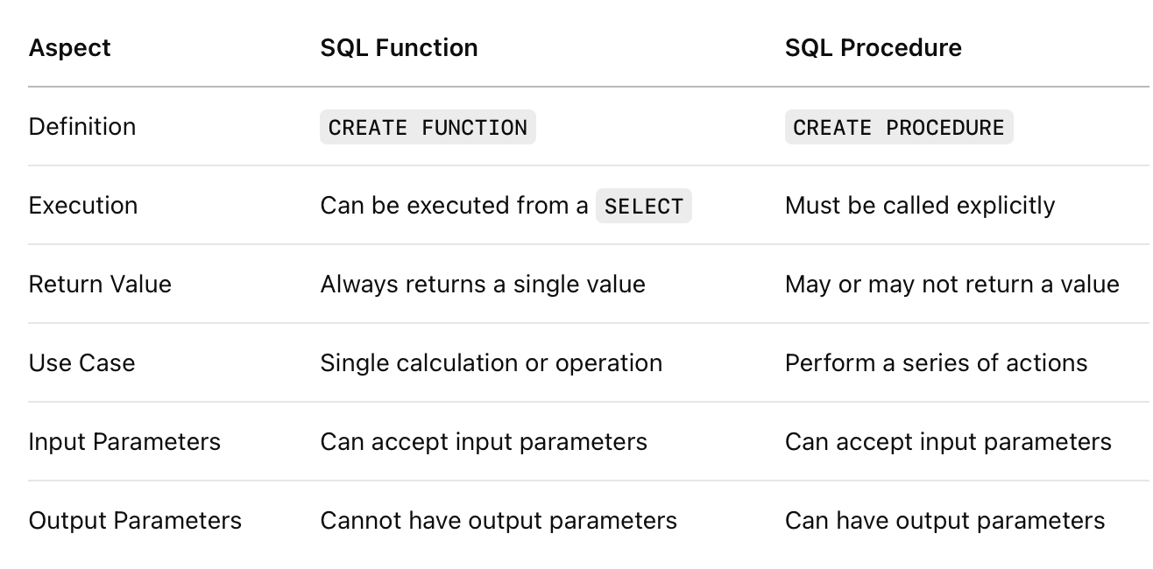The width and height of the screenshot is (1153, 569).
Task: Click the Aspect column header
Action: tap(69, 48)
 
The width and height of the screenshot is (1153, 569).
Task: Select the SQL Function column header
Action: tap(399, 48)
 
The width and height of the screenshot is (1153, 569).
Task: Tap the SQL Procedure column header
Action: tap(873, 48)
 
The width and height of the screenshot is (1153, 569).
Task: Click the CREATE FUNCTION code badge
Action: tap(428, 127)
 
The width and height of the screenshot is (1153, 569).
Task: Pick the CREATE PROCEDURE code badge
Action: tap(899, 127)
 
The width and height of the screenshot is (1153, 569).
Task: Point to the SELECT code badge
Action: tap(643, 206)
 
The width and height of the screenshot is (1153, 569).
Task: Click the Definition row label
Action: tap(82, 127)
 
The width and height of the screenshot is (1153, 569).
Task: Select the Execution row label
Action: tap(83, 205)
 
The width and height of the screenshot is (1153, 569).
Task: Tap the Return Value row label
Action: tap(100, 284)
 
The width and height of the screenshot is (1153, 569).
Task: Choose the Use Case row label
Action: tap(81, 362)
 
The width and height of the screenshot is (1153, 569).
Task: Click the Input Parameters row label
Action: tap(124, 441)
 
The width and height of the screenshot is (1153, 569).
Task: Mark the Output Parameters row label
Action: tap(135, 520)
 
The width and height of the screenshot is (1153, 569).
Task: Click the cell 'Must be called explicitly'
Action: tap(920, 206)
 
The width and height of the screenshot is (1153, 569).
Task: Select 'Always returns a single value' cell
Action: tap(483, 284)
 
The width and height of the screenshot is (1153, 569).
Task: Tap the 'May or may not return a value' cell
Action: tap(951, 284)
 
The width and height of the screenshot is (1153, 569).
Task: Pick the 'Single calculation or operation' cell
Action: tap(491, 363)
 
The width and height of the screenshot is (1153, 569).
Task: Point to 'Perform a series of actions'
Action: tap(936, 363)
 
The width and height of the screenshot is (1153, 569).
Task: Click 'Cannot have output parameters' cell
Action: tap(499, 521)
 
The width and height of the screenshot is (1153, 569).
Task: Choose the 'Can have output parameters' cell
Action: tap(944, 521)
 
